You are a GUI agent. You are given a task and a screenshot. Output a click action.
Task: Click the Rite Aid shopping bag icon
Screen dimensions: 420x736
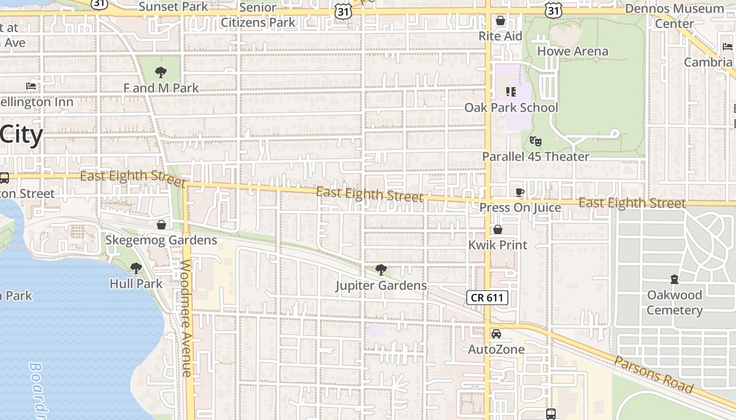tap(500, 20)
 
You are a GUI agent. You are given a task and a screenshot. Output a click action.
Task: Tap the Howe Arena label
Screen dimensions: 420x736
tap(573, 51)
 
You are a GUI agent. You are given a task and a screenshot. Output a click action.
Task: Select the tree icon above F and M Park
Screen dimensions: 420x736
tap(161, 72)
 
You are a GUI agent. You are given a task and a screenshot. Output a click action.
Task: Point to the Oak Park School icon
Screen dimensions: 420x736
tap(510, 92)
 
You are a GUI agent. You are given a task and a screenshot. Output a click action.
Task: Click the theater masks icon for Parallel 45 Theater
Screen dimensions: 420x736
tap(536, 141)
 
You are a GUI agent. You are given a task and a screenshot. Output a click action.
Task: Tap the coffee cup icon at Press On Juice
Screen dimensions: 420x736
tap(520, 192)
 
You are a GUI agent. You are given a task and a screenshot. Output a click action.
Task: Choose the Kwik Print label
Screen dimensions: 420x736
tap(498, 245)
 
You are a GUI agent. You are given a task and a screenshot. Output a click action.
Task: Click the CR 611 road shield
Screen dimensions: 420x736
tap(487, 298)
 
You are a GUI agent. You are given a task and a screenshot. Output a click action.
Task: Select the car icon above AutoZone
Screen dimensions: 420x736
tap(496, 334)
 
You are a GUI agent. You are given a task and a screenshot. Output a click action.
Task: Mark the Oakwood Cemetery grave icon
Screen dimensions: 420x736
tap(674, 279)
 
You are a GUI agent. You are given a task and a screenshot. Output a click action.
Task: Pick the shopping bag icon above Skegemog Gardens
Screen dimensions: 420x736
tap(161, 225)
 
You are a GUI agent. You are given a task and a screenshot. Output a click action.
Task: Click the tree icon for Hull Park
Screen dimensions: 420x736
tap(136, 268)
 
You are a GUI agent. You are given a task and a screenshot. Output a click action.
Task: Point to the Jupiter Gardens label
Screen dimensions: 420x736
tap(381, 286)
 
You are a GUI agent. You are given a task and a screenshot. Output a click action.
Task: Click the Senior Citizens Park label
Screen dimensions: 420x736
tap(258, 15)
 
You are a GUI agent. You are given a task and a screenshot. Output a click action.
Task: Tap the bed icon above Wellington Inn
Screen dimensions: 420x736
tap(31, 86)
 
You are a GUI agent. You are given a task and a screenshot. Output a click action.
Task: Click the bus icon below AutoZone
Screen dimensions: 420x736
tap(550, 414)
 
